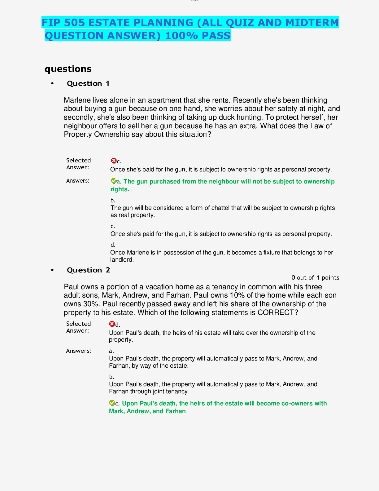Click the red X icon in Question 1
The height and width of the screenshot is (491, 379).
pos(113,161)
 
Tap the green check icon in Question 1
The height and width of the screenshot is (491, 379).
pos(113,181)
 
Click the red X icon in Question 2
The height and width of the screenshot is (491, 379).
pos(112,324)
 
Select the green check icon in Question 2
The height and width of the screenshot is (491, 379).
pos(112,403)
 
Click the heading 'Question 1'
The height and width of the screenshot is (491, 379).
pos(88,84)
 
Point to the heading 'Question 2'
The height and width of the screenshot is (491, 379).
pos(89,270)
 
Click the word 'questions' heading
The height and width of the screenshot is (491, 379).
pos(68,69)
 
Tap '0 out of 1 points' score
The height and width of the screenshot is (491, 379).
pos(315,278)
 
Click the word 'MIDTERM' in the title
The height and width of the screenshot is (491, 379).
pos(312,23)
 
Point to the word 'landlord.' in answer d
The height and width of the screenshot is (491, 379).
pos(122,260)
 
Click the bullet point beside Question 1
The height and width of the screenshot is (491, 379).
pos(52,84)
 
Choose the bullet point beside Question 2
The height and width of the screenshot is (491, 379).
pos(52,270)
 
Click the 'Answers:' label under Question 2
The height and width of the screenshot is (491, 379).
pos(78,351)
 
